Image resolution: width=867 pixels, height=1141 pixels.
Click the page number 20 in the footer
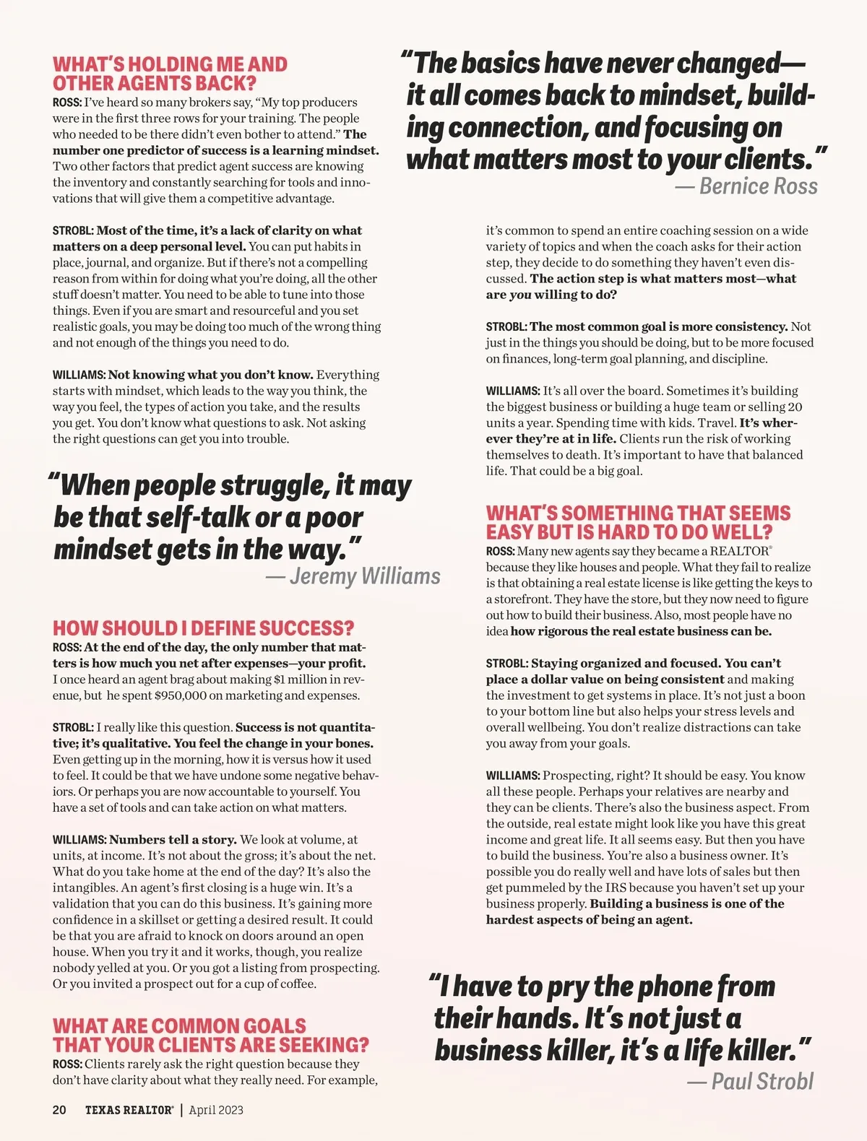pos(59,1110)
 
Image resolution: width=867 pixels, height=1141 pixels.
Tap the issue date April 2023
pos(216,1110)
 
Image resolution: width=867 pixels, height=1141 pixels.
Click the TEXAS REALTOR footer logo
pos(129,1110)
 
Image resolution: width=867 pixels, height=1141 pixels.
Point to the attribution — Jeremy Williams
pos(353,576)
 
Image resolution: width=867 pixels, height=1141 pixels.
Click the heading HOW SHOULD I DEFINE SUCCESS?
pos(203,628)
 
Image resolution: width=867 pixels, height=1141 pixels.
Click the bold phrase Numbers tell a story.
pos(173,840)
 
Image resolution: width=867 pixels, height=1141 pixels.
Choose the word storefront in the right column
pos(517,599)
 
